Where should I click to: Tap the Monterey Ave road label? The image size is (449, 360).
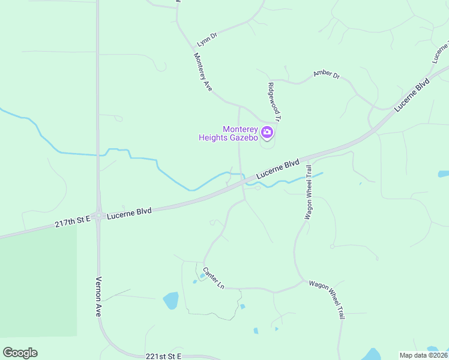coord(203,72)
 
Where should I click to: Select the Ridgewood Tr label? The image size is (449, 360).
coord(274,102)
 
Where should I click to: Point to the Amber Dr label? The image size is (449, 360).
coord(327,75)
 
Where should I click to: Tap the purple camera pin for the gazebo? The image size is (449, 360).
coord(267,131)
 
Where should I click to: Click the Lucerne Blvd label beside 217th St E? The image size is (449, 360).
coord(129,213)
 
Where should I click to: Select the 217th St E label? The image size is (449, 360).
coord(72,222)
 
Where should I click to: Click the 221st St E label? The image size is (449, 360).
coord(163,356)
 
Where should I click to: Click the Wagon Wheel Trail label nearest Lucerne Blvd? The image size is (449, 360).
coord(309,192)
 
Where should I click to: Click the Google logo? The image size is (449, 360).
coord(20,353)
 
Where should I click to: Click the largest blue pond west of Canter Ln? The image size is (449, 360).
coord(170,299)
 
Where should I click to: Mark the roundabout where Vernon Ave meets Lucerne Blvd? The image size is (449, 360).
coord(98,215)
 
